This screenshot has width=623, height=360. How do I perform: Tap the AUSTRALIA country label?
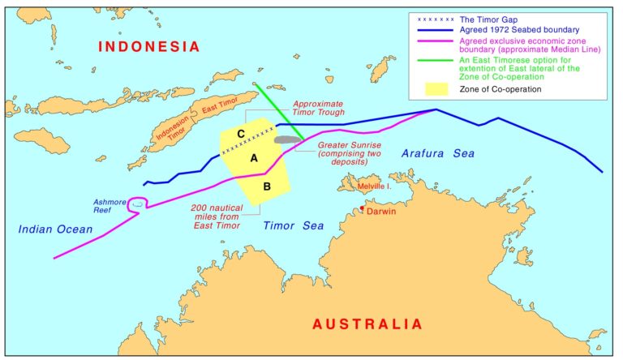367,324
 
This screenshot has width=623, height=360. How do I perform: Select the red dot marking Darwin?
363,209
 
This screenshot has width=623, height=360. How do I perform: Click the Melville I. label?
375,186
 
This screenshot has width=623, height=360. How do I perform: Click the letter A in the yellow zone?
254,159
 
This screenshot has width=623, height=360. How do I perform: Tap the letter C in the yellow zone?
241,133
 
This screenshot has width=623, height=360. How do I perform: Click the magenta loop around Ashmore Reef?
139,204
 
